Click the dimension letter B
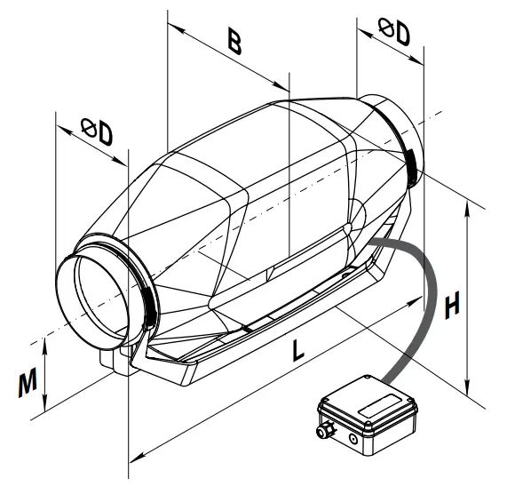point(234,43)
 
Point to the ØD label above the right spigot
point(394,34)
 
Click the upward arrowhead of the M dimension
point(44,341)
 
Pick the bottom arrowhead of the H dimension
point(468,389)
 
